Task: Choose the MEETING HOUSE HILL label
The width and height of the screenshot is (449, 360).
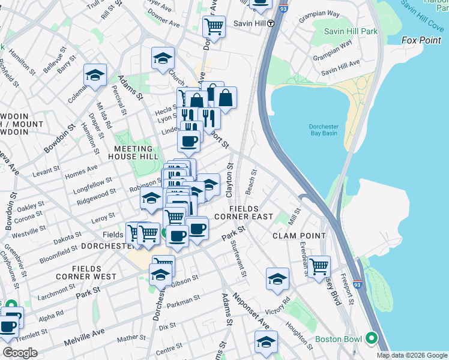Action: tap(130, 152)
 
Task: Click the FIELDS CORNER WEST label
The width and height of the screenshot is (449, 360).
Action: tap(94, 272)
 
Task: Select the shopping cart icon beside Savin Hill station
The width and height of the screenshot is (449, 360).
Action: tap(214, 26)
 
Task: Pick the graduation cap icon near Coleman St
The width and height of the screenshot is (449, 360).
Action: tap(95, 75)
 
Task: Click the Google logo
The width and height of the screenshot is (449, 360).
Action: tap(20, 352)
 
